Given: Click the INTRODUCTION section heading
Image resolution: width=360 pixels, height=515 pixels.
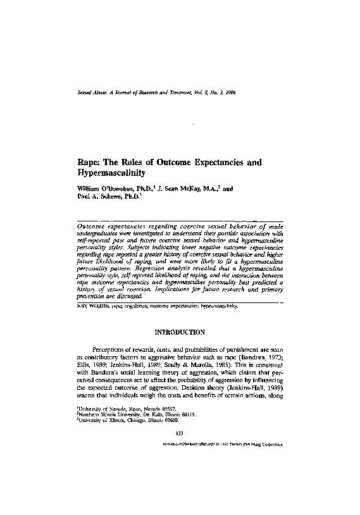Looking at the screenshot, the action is (180, 332).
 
